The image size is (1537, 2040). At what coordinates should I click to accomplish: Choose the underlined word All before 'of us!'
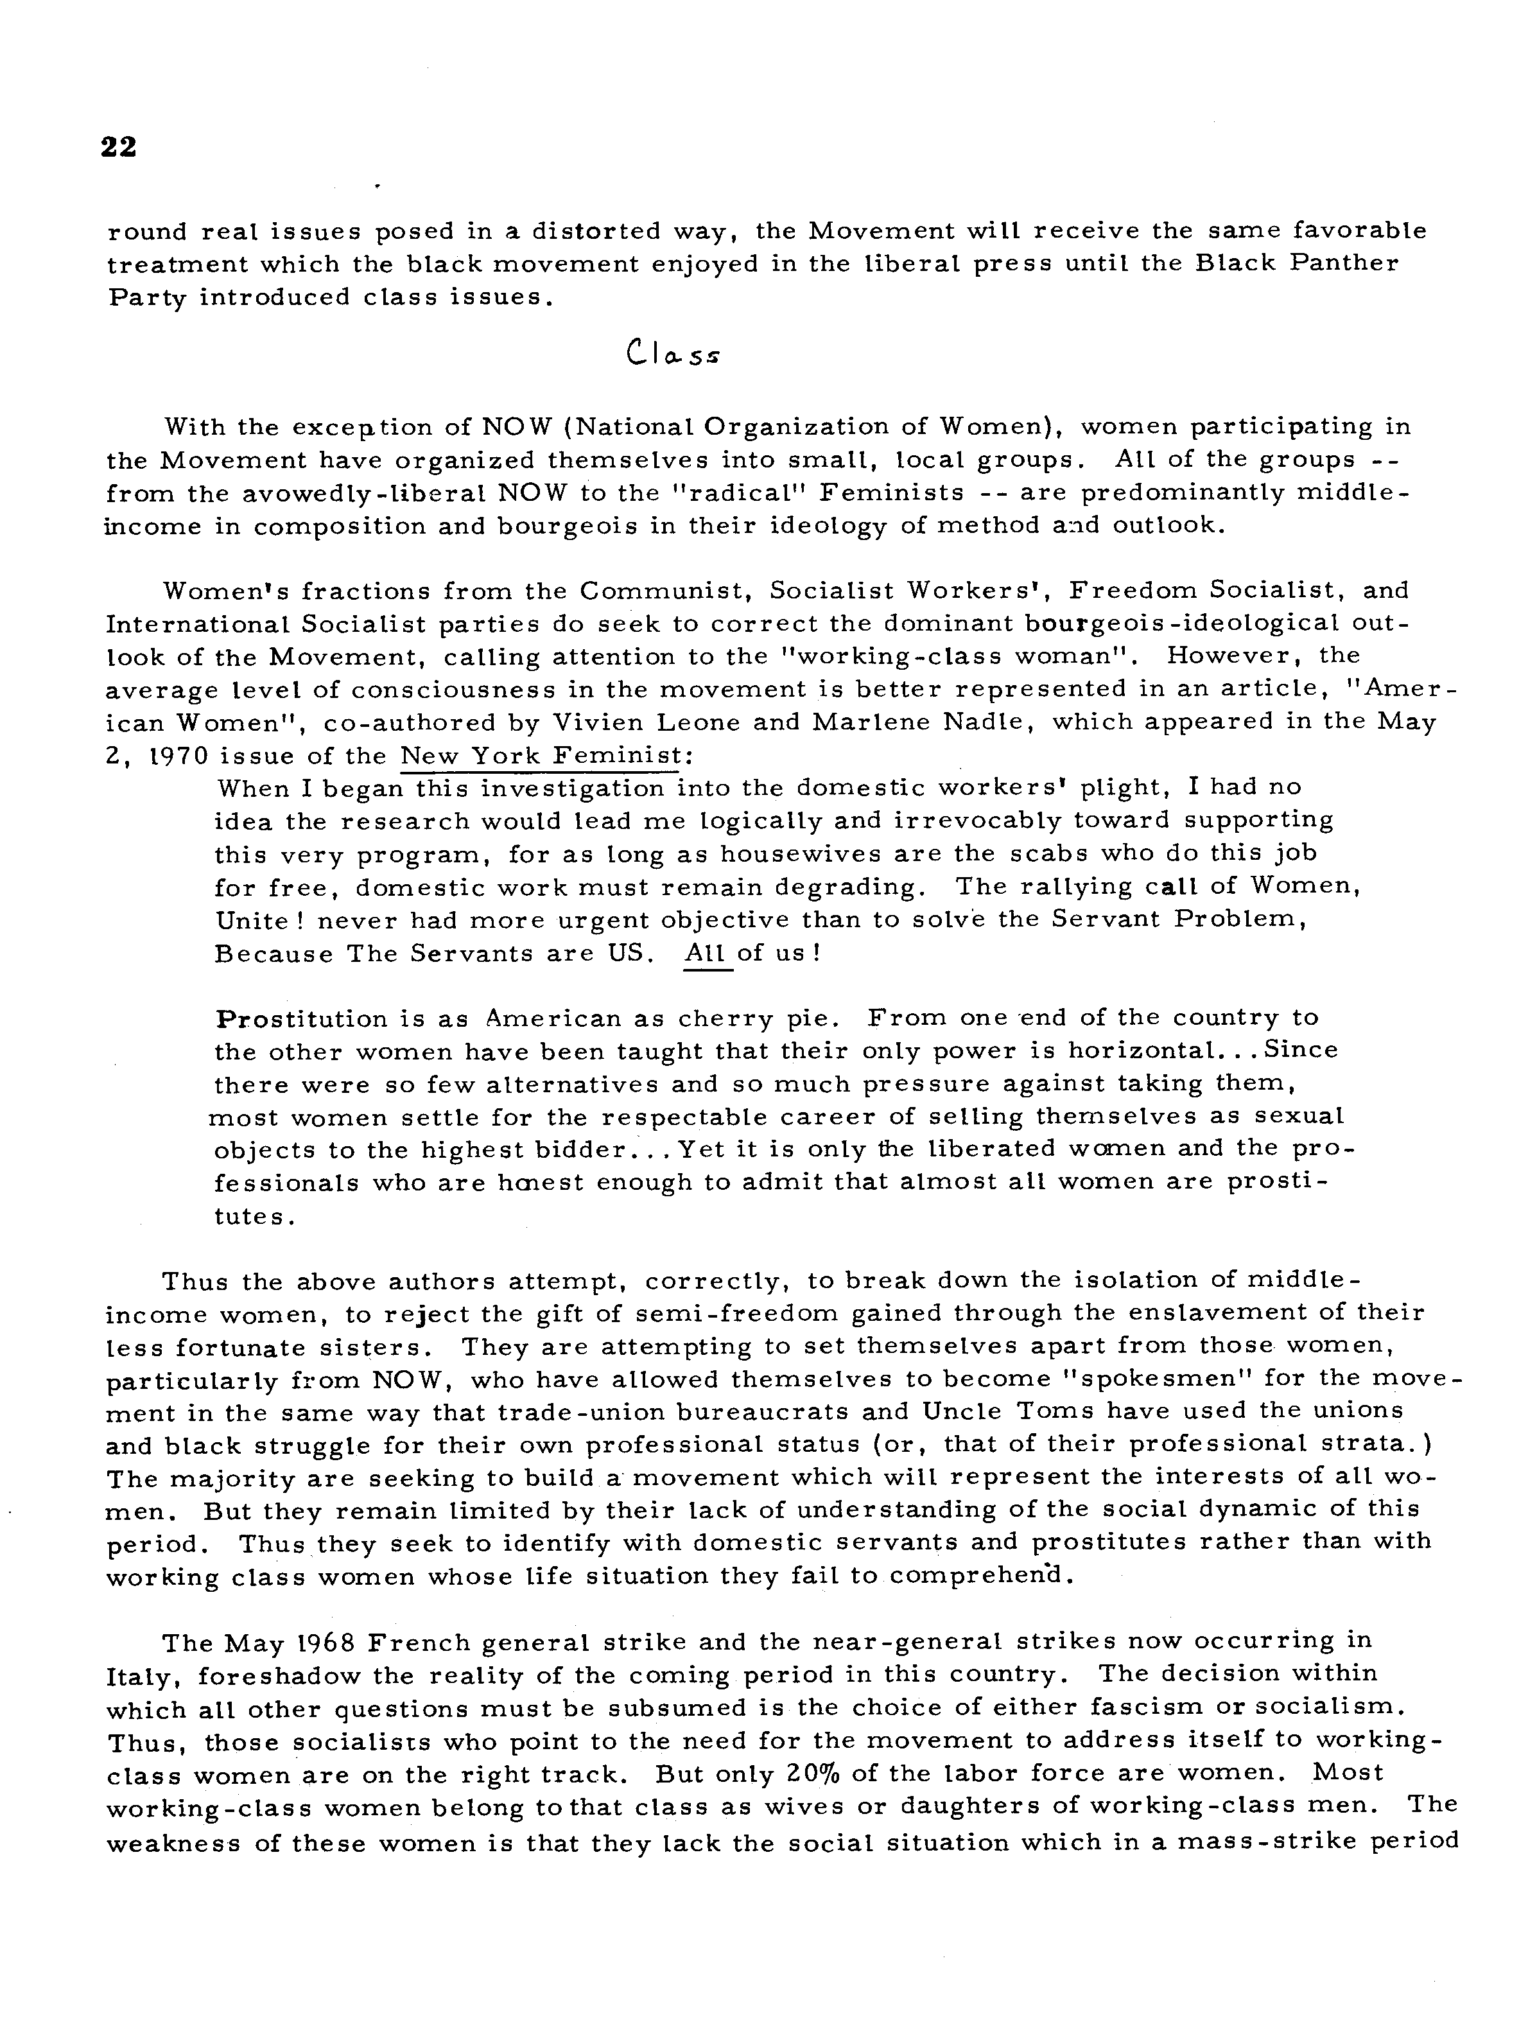coord(707,953)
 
